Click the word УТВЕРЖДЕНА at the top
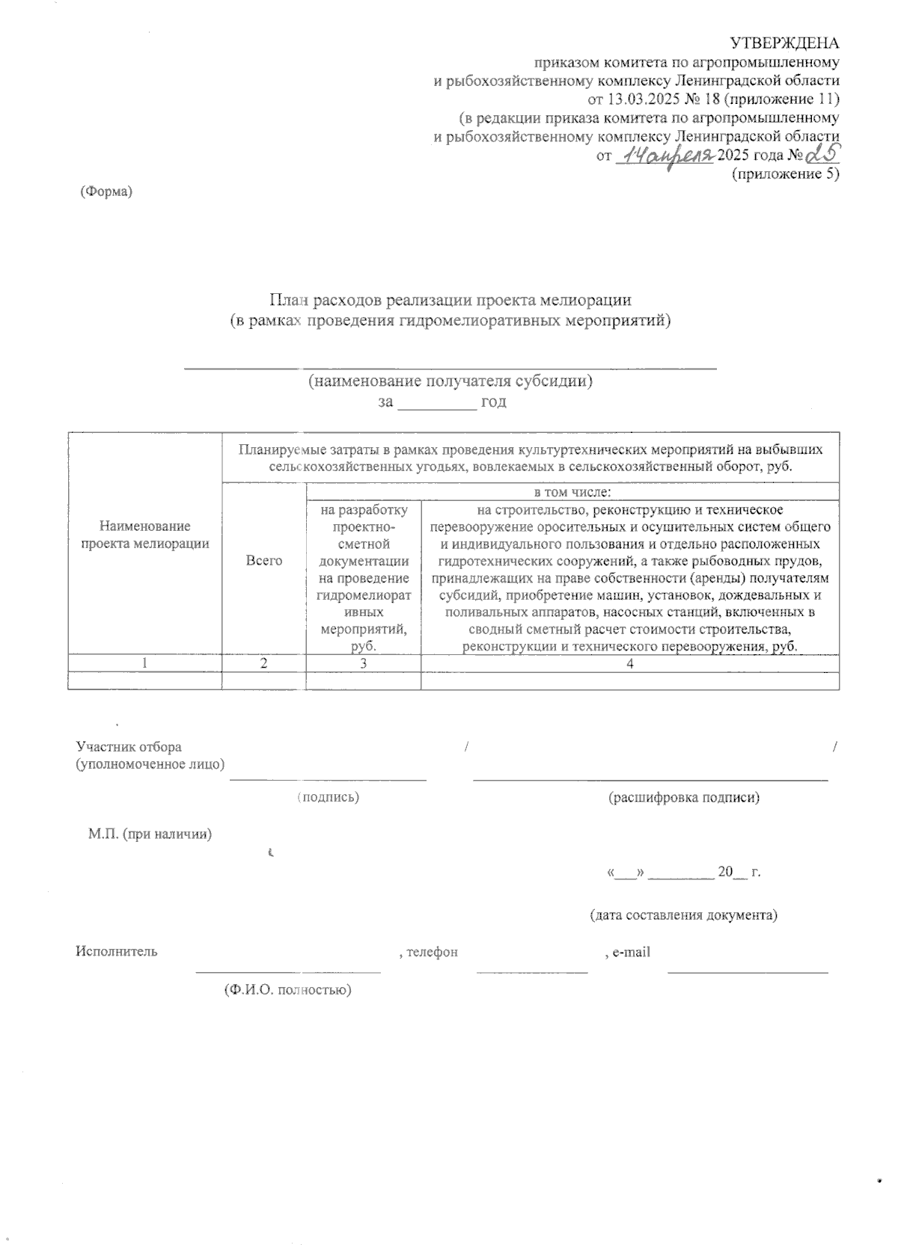coord(784,43)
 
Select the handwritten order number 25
coord(821,153)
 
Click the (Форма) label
coord(106,191)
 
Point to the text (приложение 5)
coord(784,174)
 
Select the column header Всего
coord(263,560)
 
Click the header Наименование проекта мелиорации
coord(144,535)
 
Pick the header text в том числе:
coord(572,492)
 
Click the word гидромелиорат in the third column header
coord(363,595)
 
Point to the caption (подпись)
coord(329,797)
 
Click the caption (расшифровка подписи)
coord(684,797)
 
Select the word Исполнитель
coord(116,952)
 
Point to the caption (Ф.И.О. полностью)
coord(287,990)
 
